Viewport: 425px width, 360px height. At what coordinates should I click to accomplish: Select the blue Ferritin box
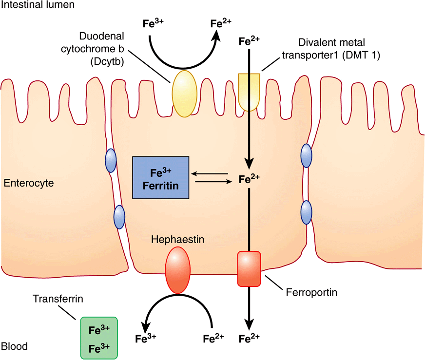(160, 178)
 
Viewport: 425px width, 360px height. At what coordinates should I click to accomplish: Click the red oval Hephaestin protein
(177, 270)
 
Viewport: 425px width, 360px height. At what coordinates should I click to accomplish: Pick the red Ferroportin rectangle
(249, 269)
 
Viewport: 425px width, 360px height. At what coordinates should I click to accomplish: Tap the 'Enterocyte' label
(28, 184)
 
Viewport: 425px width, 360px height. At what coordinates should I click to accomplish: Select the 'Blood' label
(15, 347)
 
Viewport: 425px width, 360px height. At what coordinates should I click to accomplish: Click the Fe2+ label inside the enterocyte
(249, 178)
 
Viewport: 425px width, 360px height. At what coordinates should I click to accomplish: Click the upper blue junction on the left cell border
(111, 160)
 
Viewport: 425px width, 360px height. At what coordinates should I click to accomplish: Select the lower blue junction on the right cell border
(306, 212)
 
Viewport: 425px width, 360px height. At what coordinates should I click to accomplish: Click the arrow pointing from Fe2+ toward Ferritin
(209, 173)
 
